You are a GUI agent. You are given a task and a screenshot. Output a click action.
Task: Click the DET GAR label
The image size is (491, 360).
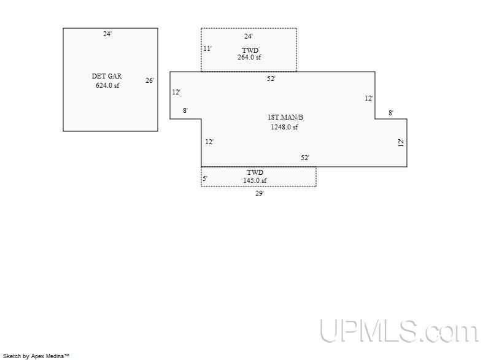106,76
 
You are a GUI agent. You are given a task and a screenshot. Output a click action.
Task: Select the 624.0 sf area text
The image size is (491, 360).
107,85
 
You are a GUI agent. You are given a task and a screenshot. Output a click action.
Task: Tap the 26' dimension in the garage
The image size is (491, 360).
150,80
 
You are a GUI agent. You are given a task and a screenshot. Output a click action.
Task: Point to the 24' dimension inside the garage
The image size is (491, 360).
107,34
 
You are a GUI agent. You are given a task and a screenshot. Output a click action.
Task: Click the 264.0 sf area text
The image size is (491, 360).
249,57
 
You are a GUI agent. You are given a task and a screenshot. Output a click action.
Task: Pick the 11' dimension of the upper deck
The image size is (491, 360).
207,48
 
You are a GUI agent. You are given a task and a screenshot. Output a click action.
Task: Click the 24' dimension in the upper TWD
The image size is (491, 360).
249,36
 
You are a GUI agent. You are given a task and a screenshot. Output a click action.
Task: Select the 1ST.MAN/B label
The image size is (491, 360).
285,117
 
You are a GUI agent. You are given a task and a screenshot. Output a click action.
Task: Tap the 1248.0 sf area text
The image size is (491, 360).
284,127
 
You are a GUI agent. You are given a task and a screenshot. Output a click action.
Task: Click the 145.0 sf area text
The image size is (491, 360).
255,180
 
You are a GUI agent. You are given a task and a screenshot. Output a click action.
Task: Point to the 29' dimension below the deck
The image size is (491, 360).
260,193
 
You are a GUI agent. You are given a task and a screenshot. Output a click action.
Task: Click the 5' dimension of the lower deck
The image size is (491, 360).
205,178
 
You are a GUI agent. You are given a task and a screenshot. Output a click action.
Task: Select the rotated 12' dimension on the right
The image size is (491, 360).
401,143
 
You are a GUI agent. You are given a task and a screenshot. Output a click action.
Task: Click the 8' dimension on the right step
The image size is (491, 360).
391,113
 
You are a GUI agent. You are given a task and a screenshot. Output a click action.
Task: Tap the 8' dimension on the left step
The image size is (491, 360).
185,110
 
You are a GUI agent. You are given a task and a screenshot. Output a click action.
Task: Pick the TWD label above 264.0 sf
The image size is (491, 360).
250,50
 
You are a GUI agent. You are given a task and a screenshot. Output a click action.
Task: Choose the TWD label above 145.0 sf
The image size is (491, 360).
255,172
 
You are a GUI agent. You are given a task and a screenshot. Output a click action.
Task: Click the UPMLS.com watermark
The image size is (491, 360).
399,331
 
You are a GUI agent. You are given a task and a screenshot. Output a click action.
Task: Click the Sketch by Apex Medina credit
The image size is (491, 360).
36,356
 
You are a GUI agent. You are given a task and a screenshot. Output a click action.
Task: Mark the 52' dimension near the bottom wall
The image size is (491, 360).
305,158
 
